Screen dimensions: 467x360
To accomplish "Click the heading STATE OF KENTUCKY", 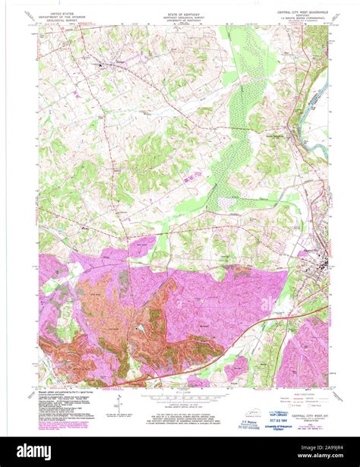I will [x=180, y=14].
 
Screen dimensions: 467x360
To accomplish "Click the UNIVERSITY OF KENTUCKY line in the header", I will [x=180, y=22].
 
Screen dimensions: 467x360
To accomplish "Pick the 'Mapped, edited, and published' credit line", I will [x=68, y=392].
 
